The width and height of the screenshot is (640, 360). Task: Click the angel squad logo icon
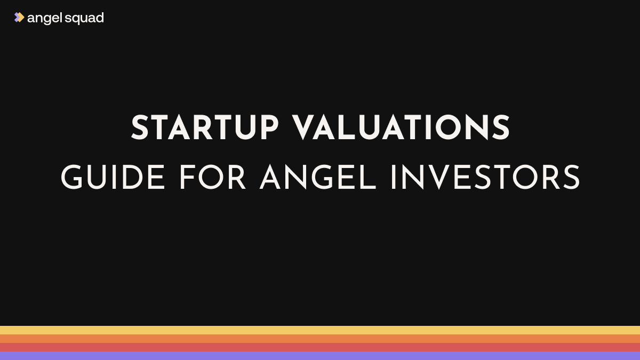tap(19, 18)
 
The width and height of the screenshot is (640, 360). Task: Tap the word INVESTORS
tap(485, 178)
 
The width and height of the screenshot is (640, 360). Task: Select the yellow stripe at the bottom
tap(320, 330)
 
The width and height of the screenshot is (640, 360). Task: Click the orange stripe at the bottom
tap(320, 339)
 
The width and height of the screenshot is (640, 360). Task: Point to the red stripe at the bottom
tap(320, 347)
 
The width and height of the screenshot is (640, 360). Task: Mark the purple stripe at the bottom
tap(320, 356)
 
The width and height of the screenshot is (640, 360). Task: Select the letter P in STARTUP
tap(268, 129)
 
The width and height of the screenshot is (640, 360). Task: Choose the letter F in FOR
tap(186, 178)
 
